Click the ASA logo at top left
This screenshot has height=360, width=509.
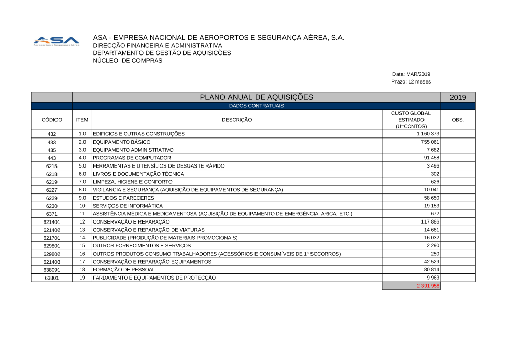coord(56,41)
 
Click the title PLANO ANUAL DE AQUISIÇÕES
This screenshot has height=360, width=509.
coord(256,97)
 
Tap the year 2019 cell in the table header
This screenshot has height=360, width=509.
coord(458,97)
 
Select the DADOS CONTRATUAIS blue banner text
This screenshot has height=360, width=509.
coord(256,106)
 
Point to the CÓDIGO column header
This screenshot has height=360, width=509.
coord(52,120)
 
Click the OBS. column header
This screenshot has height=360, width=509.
coord(458,120)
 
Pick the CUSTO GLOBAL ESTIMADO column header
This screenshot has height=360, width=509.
coord(411,120)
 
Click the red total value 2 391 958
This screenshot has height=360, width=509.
coord(428,286)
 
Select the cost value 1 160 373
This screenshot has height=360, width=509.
coord(428,134)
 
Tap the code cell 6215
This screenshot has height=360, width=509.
coord(52,166)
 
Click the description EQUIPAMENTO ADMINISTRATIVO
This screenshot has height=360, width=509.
coord(133,150)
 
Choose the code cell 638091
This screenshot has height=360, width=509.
coord(52,270)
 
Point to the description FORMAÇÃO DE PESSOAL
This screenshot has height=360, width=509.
coord(124,270)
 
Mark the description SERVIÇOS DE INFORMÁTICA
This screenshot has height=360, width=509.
coord(128,206)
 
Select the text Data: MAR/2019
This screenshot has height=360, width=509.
coord(411,74)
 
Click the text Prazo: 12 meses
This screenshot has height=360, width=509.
coord(411,81)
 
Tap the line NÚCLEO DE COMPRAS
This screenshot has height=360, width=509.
coord(128,61)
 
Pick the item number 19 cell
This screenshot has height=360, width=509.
coord(82,278)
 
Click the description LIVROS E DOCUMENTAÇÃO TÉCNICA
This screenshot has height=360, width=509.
coord(138,174)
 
